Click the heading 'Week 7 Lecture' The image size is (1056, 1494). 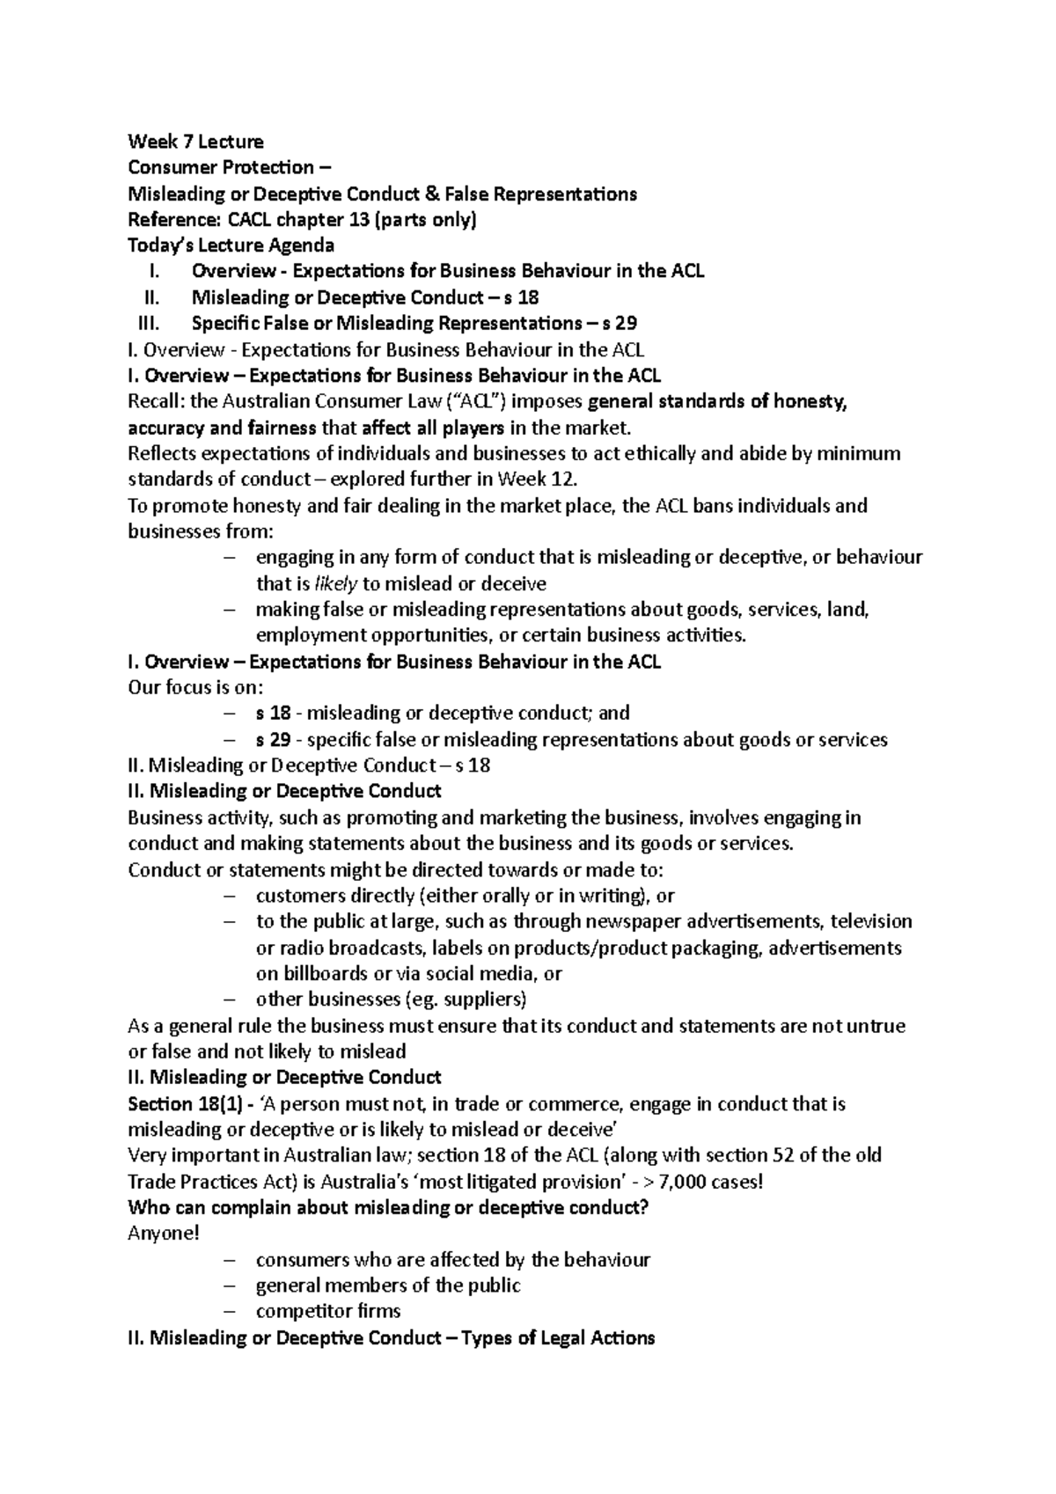click(x=195, y=142)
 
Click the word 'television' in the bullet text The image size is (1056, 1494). click(x=872, y=921)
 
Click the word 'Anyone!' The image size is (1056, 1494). click(x=164, y=1234)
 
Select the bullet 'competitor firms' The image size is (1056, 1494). click(x=328, y=1311)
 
